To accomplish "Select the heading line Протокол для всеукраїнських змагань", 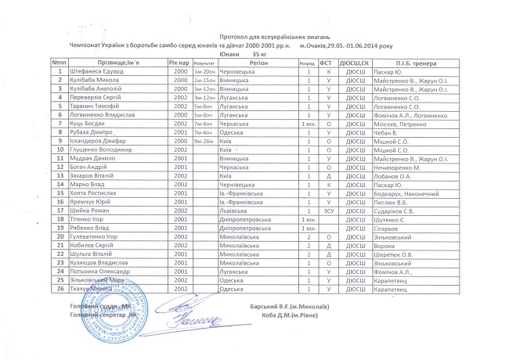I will (254, 37).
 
